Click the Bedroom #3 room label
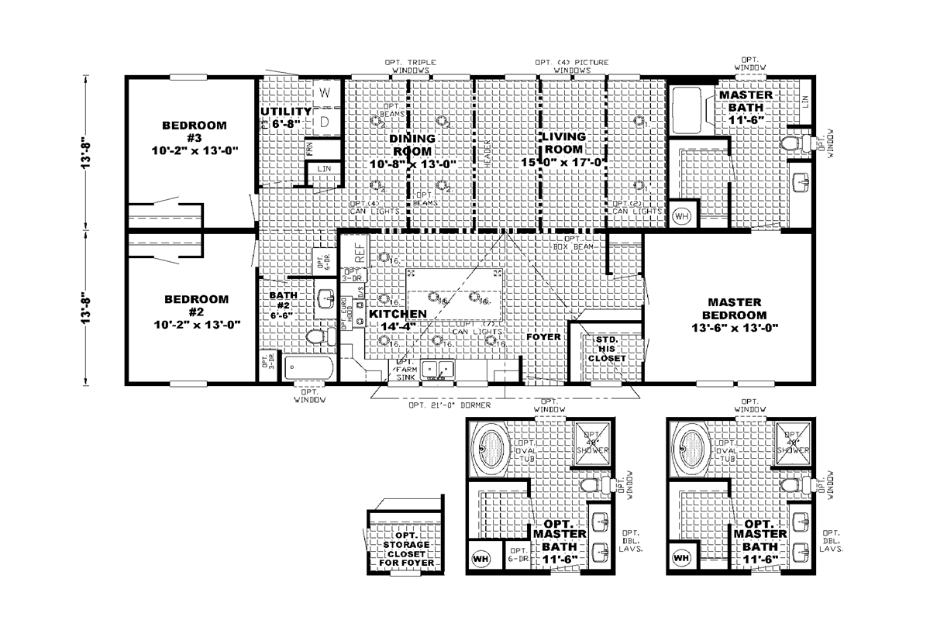(195, 132)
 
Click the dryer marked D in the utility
(325, 122)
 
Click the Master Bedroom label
(735, 308)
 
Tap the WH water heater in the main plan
(682, 215)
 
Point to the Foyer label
(544, 338)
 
